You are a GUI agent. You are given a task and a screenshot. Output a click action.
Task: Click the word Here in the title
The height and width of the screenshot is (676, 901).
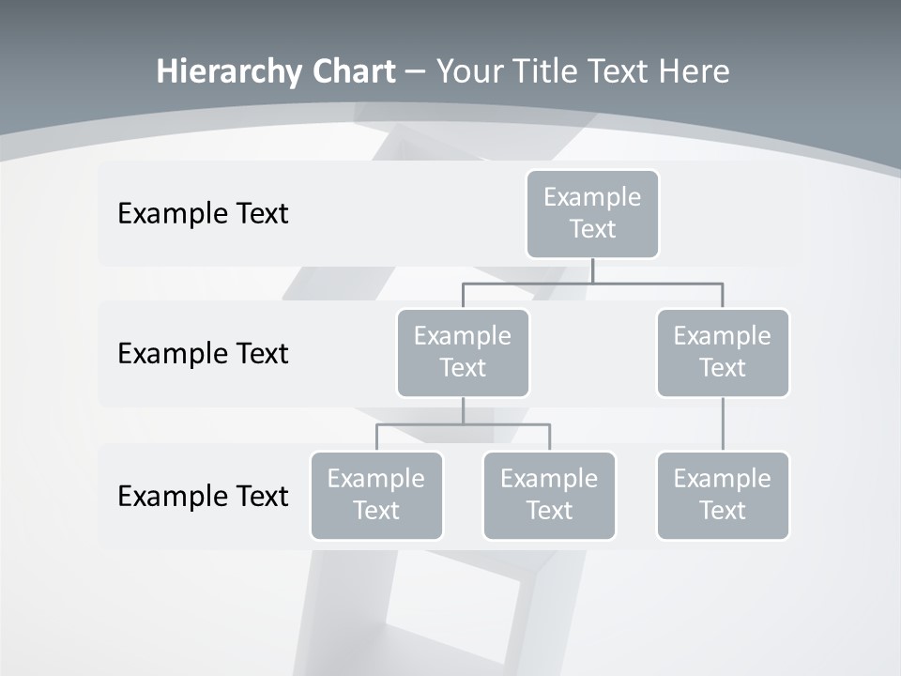pyautogui.click(x=693, y=71)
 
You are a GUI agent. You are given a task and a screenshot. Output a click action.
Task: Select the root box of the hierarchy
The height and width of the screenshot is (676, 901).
pyautogui.click(x=592, y=214)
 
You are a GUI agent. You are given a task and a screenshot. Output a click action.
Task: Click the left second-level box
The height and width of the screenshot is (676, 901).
pyautogui.click(x=463, y=352)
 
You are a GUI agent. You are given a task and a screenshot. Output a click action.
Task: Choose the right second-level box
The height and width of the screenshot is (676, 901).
pyautogui.click(x=723, y=352)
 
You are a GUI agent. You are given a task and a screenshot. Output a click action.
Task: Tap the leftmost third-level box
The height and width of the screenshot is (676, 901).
pyautogui.click(x=376, y=495)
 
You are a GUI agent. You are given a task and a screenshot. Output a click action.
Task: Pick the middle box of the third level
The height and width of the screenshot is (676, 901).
pyautogui.click(x=549, y=495)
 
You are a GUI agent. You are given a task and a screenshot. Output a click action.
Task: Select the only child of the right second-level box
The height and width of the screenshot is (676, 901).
pyautogui.click(x=723, y=495)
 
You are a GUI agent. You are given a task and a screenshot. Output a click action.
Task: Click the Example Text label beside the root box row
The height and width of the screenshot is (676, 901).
pyautogui.click(x=203, y=213)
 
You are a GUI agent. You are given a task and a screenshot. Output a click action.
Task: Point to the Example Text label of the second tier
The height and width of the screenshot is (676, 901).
pyautogui.click(x=203, y=353)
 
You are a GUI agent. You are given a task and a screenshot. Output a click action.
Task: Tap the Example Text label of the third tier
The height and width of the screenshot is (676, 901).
pyautogui.click(x=203, y=496)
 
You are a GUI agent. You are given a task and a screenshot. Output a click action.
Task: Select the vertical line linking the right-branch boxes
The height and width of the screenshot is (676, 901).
pyautogui.click(x=723, y=424)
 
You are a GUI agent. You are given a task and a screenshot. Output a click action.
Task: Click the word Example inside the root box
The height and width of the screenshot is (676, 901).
pyautogui.click(x=592, y=197)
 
